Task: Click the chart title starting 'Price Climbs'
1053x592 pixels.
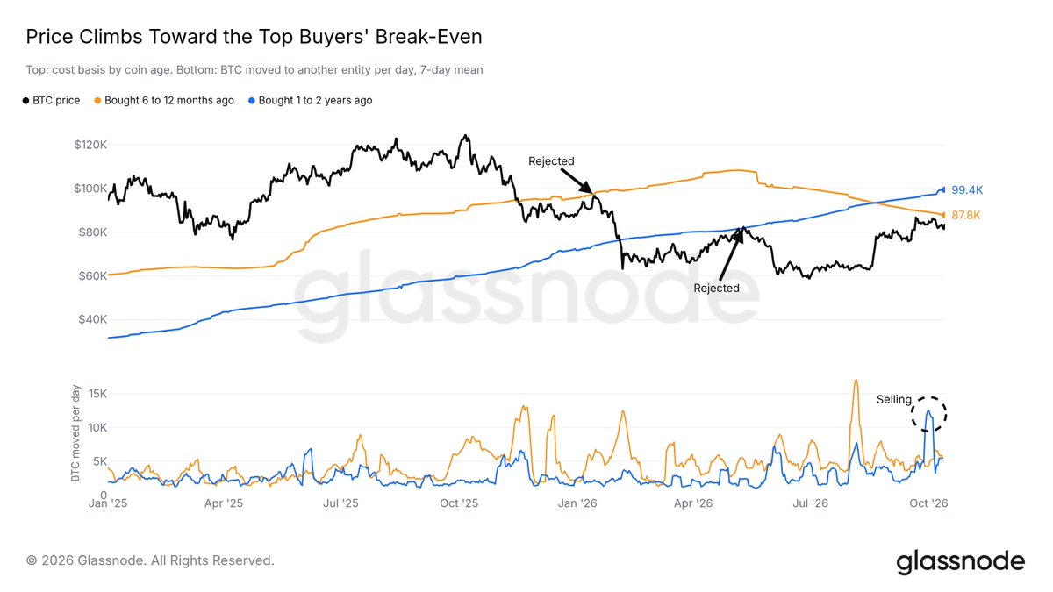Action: (254, 37)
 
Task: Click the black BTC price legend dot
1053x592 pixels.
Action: (25, 101)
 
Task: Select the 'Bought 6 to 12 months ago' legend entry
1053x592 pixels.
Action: (164, 101)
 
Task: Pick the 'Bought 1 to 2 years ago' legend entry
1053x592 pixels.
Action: (311, 101)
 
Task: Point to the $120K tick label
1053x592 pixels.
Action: (90, 145)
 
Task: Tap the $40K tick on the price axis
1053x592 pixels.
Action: (92, 319)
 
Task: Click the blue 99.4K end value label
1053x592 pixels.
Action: (967, 190)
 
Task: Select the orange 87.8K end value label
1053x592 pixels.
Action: (966, 215)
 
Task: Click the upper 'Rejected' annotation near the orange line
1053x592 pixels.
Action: (551, 161)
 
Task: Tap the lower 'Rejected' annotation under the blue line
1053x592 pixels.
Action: (716, 288)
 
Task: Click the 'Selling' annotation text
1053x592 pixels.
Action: (894, 399)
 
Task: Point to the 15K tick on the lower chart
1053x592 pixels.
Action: (97, 394)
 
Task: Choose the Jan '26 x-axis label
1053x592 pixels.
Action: (577, 503)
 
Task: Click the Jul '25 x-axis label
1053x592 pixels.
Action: (340, 503)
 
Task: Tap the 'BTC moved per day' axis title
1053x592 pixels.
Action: (75, 433)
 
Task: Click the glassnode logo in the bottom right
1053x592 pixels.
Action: (960, 562)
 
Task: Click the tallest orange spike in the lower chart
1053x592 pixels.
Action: (856, 382)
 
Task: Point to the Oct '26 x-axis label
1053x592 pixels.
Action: (928, 503)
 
